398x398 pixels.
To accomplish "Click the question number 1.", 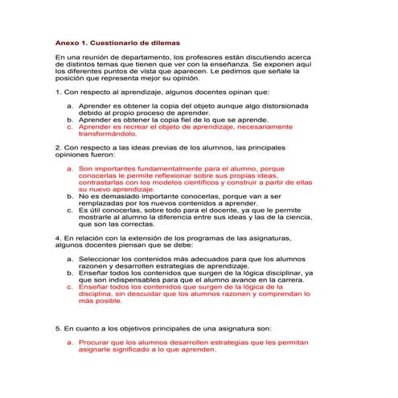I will (57, 92).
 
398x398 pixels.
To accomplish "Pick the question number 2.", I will (57, 149).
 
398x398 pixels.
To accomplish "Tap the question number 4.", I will (57, 239).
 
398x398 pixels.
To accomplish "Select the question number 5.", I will (57, 329).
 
